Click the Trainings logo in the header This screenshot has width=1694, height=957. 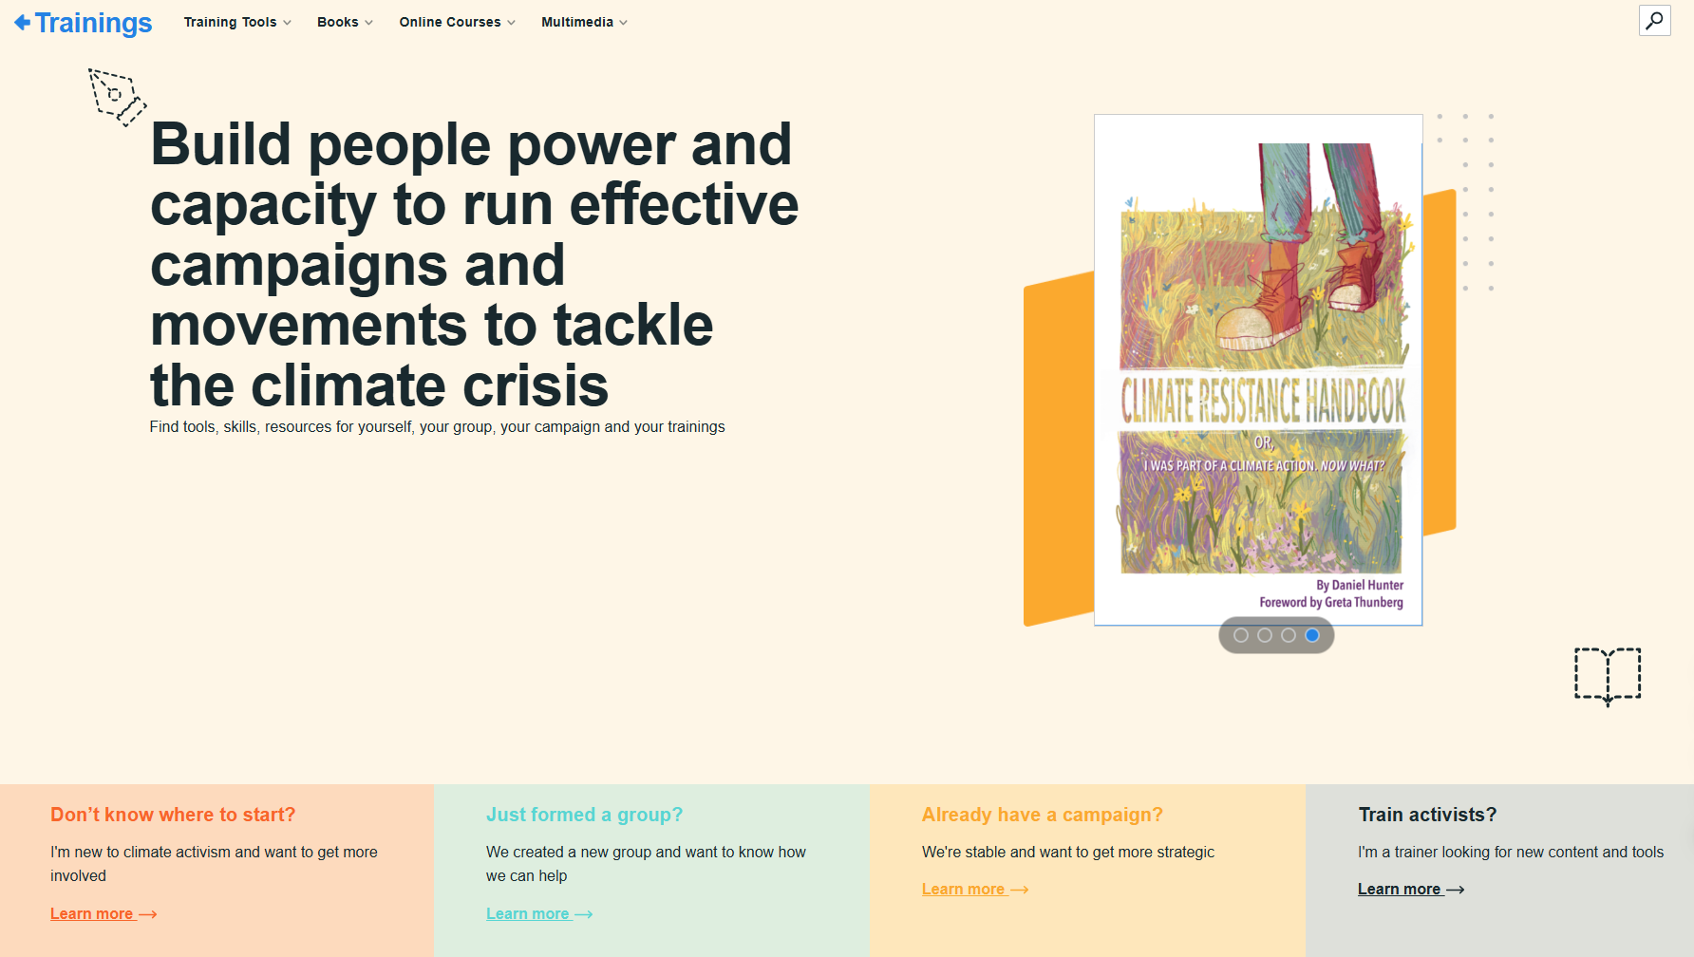click(x=84, y=23)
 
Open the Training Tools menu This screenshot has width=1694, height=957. click(x=237, y=22)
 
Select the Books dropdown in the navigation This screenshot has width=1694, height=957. click(x=345, y=22)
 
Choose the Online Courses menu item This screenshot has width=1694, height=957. click(x=457, y=22)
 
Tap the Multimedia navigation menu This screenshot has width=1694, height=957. click(x=584, y=22)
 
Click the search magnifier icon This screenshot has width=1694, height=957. click(x=1654, y=20)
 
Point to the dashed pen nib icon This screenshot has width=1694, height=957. click(x=117, y=97)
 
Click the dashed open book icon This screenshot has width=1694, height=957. click(x=1608, y=676)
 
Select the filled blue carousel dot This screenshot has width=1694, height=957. click(x=1312, y=635)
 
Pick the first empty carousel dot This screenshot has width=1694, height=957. click(x=1241, y=635)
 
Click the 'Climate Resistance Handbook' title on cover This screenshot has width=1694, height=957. click(x=1263, y=400)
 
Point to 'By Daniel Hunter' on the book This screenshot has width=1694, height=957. click(x=1360, y=585)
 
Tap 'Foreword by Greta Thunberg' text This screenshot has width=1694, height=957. click(x=1331, y=602)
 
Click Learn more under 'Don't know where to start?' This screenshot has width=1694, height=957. click(x=104, y=913)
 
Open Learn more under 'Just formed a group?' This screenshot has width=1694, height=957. click(x=539, y=913)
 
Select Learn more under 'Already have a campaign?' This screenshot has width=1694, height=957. click(x=975, y=889)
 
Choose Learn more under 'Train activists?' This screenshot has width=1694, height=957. click(x=1411, y=889)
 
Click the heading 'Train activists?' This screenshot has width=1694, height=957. click(x=1427, y=815)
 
